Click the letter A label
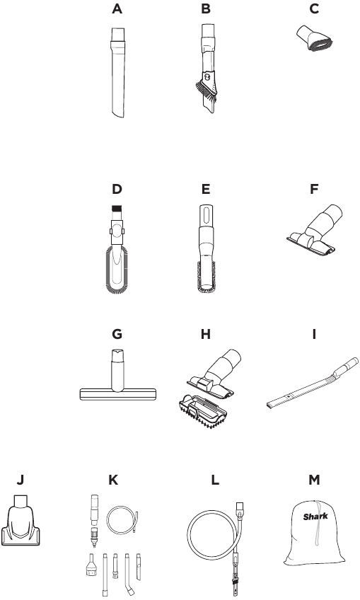[x=117, y=8]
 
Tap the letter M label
[x=314, y=480]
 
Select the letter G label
[x=117, y=334]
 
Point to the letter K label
[x=113, y=480]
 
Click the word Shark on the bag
[x=315, y=517]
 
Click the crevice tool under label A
[x=117, y=73]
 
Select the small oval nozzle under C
[x=315, y=39]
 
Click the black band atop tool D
[x=117, y=209]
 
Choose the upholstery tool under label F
[x=314, y=230]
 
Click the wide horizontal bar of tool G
[x=118, y=394]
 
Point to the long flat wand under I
[x=312, y=383]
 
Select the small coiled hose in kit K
[x=122, y=520]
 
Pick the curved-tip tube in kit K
[x=129, y=575]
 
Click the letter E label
[x=206, y=189]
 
